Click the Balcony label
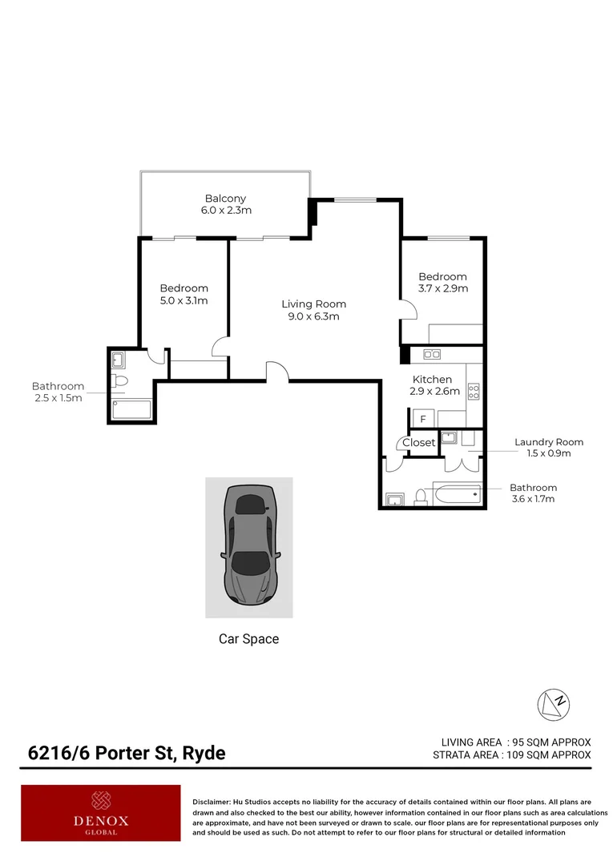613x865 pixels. point(225,199)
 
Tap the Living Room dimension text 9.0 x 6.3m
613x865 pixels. point(313,316)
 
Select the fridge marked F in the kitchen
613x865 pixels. point(422,419)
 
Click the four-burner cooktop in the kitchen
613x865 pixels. point(474,392)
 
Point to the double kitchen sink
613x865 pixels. point(432,354)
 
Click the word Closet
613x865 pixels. point(418,443)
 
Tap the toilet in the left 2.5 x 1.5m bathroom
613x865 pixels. point(119,380)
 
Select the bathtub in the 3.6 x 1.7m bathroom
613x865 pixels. point(456,495)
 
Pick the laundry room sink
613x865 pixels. point(449,437)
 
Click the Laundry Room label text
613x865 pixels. point(548,442)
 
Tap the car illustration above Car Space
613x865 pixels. point(249,546)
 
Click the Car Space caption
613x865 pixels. point(248,639)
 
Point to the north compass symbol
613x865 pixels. point(553,703)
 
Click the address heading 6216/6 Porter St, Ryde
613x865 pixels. point(127,753)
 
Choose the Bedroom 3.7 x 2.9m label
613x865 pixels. point(442,282)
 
